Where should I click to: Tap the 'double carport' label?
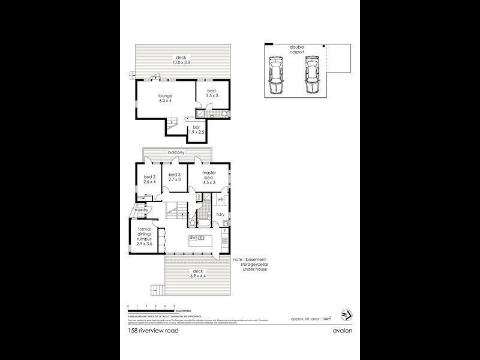pos(297,50)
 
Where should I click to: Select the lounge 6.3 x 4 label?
pos(165,98)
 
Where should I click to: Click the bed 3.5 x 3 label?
pos(212,92)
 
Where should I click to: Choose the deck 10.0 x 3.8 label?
pos(181,60)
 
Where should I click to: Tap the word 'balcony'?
pos(176,153)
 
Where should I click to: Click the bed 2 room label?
pos(149,179)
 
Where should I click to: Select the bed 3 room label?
pos(175,176)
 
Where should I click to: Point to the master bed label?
pos(209,177)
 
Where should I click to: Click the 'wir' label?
pos(220,199)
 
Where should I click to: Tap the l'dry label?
pos(220,214)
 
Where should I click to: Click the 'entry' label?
pos(143,210)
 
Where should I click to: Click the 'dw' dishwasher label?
pos(193,238)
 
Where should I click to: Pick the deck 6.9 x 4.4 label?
pos(197,274)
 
